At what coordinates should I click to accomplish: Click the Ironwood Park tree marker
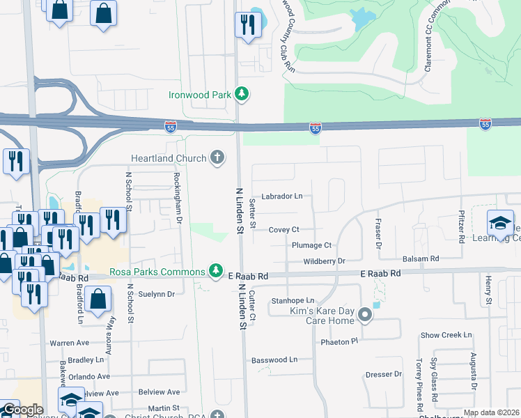click(x=241, y=93)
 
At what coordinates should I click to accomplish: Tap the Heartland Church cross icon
click(x=217, y=158)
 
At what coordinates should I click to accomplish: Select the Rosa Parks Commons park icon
click(x=217, y=270)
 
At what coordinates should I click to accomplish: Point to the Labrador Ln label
click(x=282, y=196)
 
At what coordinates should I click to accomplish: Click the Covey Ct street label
click(x=283, y=229)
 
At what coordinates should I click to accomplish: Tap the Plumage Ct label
click(x=311, y=245)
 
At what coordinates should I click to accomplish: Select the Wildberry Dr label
click(x=325, y=261)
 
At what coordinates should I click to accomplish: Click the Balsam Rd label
click(x=424, y=258)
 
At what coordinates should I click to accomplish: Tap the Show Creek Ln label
click(x=446, y=335)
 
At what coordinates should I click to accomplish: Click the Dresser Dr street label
click(x=384, y=374)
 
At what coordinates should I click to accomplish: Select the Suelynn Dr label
click(x=157, y=294)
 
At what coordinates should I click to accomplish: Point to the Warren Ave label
click(x=70, y=343)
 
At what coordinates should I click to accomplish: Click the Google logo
click(x=22, y=410)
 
